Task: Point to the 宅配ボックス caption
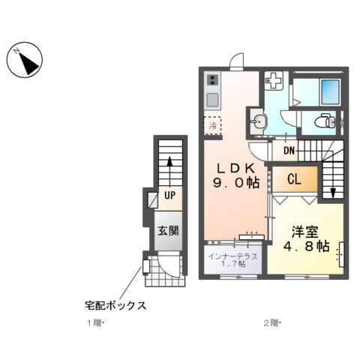pyautogui.click(x=114, y=305)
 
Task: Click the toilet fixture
pyautogui.click(x=324, y=120)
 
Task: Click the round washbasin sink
pyautogui.click(x=259, y=120)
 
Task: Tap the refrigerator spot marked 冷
pyautogui.click(x=213, y=126)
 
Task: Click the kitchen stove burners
pyautogui.click(x=212, y=79)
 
